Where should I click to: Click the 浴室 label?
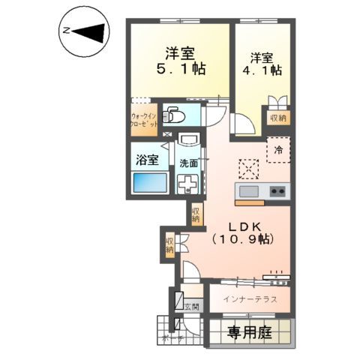point(147,159)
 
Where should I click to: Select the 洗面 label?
point(188,163)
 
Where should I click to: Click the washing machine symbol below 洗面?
point(187,184)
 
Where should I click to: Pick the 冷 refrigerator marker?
point(278,149)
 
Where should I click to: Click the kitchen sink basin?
point(249,191)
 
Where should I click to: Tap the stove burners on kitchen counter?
point(277,191)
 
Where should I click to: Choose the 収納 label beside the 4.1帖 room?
point(278,118)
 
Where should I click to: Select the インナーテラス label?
point(250,298)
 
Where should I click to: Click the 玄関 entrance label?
point(192,305)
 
